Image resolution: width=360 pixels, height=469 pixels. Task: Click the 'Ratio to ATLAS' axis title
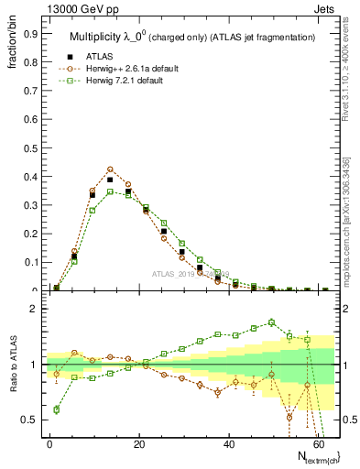point(11,364)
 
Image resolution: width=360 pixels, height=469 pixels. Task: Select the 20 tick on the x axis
point(139,442)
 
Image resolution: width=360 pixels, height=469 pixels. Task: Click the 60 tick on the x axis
point(317,442)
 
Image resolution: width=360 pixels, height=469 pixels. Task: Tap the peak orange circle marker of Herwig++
point(110,169)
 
